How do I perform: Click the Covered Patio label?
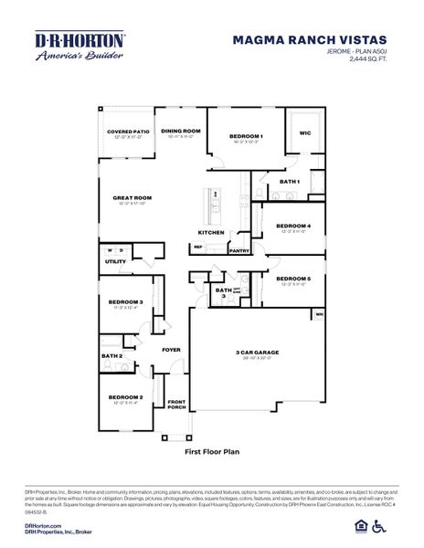click(127, 132)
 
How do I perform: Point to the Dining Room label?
click(180, 131)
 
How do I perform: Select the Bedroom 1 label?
click(246, 137)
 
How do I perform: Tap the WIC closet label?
click(305, 133)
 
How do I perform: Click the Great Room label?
click(132, 198)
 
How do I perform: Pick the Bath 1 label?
click(290, 182)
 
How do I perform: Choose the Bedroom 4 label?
click(293, 226)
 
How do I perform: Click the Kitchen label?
click(211, 233)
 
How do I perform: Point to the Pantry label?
click(239, 250)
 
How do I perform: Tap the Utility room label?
click(116, 261)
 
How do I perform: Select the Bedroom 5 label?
click(293, 279)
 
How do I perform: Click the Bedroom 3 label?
click(126, 301)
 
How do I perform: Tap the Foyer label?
click(172, 349)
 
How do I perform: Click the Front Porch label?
click(176, 405)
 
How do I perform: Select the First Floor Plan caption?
click(211, 451)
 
